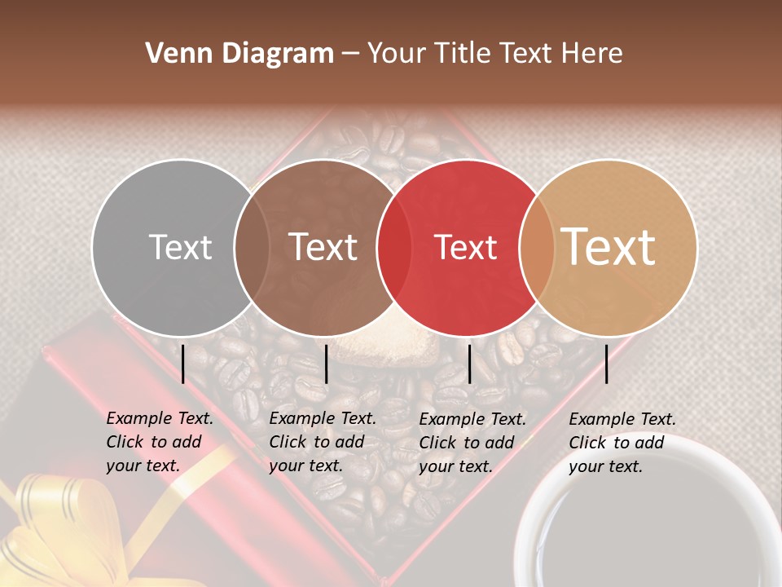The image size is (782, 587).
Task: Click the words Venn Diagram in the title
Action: (239, 54)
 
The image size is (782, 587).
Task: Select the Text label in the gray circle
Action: (180, 248)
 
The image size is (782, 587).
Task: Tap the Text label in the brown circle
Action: (323, 248)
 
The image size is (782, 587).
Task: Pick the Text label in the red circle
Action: (466, 248)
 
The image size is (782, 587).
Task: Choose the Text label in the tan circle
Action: (608, 248)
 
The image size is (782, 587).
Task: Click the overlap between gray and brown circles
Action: (252, 248)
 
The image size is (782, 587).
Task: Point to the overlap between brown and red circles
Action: (394, 248)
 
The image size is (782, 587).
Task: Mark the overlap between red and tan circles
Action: (537, 248)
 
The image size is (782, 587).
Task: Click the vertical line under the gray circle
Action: (183, 364)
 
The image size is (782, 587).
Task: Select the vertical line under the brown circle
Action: (326, 364)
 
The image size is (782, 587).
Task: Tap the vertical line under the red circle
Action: (469, 364)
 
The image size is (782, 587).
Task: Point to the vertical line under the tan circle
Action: (606, 364)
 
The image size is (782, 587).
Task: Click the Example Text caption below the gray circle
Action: (159, 442)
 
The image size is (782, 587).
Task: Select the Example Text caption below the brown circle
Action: (322, 442)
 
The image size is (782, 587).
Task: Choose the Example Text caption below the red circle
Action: (472, 443)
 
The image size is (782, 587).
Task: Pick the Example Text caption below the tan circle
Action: (622, 443)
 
